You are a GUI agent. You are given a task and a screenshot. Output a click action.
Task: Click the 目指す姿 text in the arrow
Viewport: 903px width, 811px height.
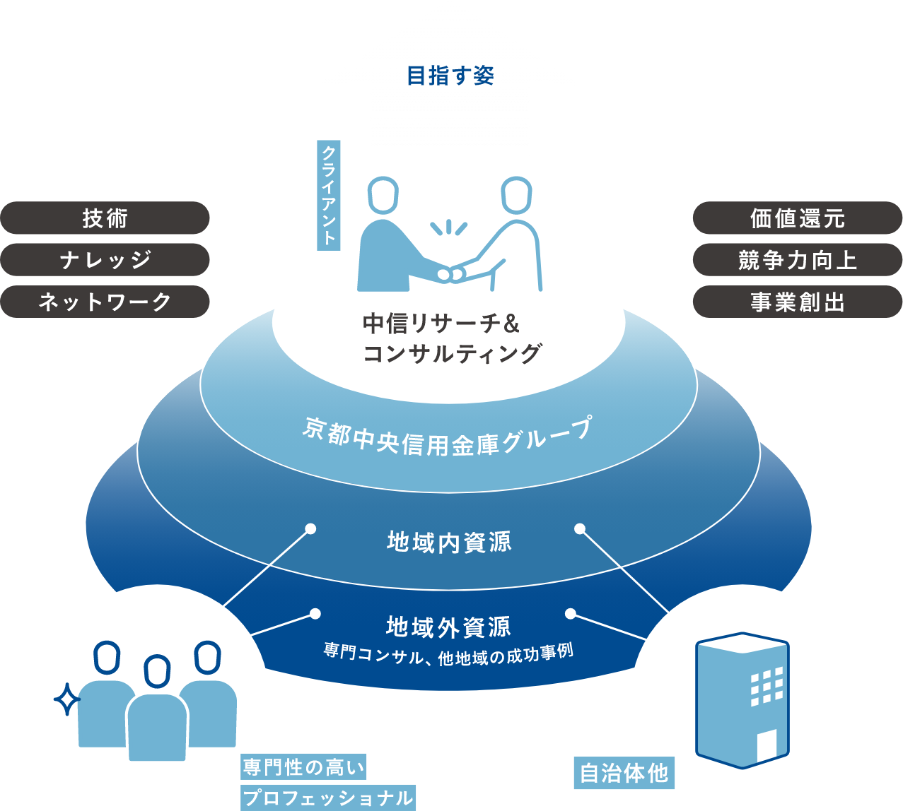pyautogui.click(x=450, y=76)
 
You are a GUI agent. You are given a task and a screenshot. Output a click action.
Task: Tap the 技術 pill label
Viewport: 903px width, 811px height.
pyautogui.click(x=105, y=218)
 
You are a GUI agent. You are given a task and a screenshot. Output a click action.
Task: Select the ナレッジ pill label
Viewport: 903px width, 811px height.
pyautogui.click(x=105, y=260)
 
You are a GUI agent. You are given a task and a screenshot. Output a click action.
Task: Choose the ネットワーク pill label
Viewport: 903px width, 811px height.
pyautogui.click(x=105, y=302)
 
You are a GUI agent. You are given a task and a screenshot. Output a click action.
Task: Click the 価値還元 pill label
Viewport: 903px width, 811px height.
pyautogui.click(x=797, y=218)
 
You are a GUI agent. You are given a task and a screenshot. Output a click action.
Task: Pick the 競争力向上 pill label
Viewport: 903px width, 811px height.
pyautogui.click(x=797, y=260)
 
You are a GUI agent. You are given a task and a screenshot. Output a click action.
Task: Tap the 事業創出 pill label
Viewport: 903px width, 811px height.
pyautogui.click(x=797, y=302)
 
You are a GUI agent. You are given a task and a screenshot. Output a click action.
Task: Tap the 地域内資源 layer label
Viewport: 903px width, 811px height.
pyautogui.click(x=449, y=542)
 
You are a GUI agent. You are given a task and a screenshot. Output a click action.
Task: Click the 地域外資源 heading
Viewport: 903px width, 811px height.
pyautogui.click(x=448, y=626)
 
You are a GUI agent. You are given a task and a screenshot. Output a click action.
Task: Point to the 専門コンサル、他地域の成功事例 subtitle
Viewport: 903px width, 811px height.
pyautogui.click(x=448, y=651)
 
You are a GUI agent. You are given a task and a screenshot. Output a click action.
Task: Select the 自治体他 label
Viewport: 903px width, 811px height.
pyautogui.click(x=624, y=774)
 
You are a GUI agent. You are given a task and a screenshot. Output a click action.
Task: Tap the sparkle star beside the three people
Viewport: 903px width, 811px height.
pyautogui.click(x=68, y=699)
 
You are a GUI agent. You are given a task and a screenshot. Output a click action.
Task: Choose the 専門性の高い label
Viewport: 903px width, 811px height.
pyautogui.click(x=305, y=767)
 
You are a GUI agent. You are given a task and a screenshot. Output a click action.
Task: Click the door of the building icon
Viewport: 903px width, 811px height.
pyautogui.click(x=767, y=745)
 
